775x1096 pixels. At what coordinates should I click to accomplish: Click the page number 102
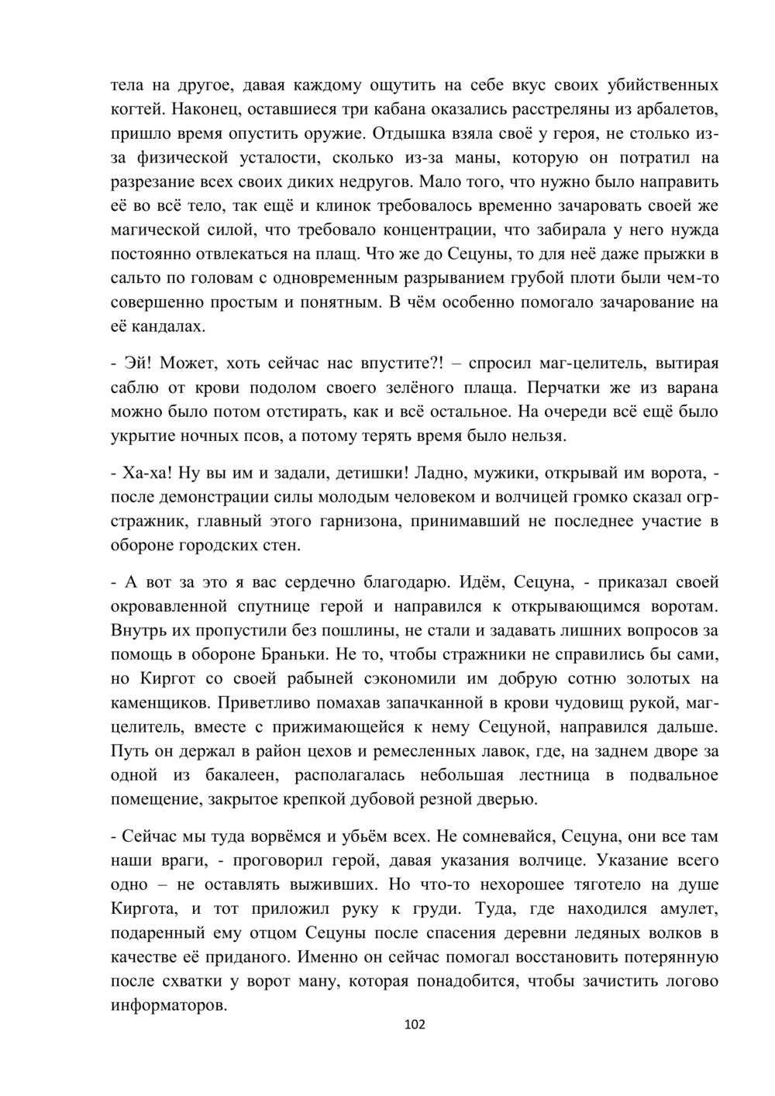tap(415, 1025)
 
